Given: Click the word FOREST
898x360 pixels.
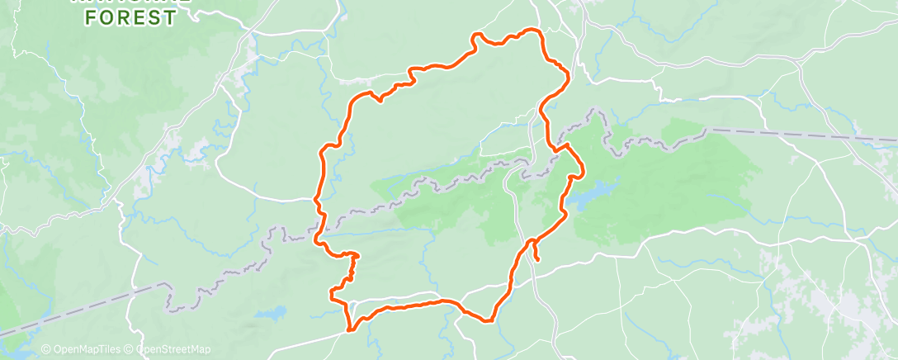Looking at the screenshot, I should tap(133, 17).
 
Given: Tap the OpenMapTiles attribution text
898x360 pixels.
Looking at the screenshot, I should tap(87, 350).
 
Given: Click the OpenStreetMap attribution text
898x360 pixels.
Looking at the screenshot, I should tap(172, 350).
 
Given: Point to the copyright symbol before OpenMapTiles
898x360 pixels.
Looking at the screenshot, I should tap(45, 350).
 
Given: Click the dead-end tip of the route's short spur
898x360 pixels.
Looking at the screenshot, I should tap(538, 260).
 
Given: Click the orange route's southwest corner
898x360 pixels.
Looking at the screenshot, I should tap(350, 330).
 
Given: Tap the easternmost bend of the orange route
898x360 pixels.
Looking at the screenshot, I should tap(583, 171).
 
